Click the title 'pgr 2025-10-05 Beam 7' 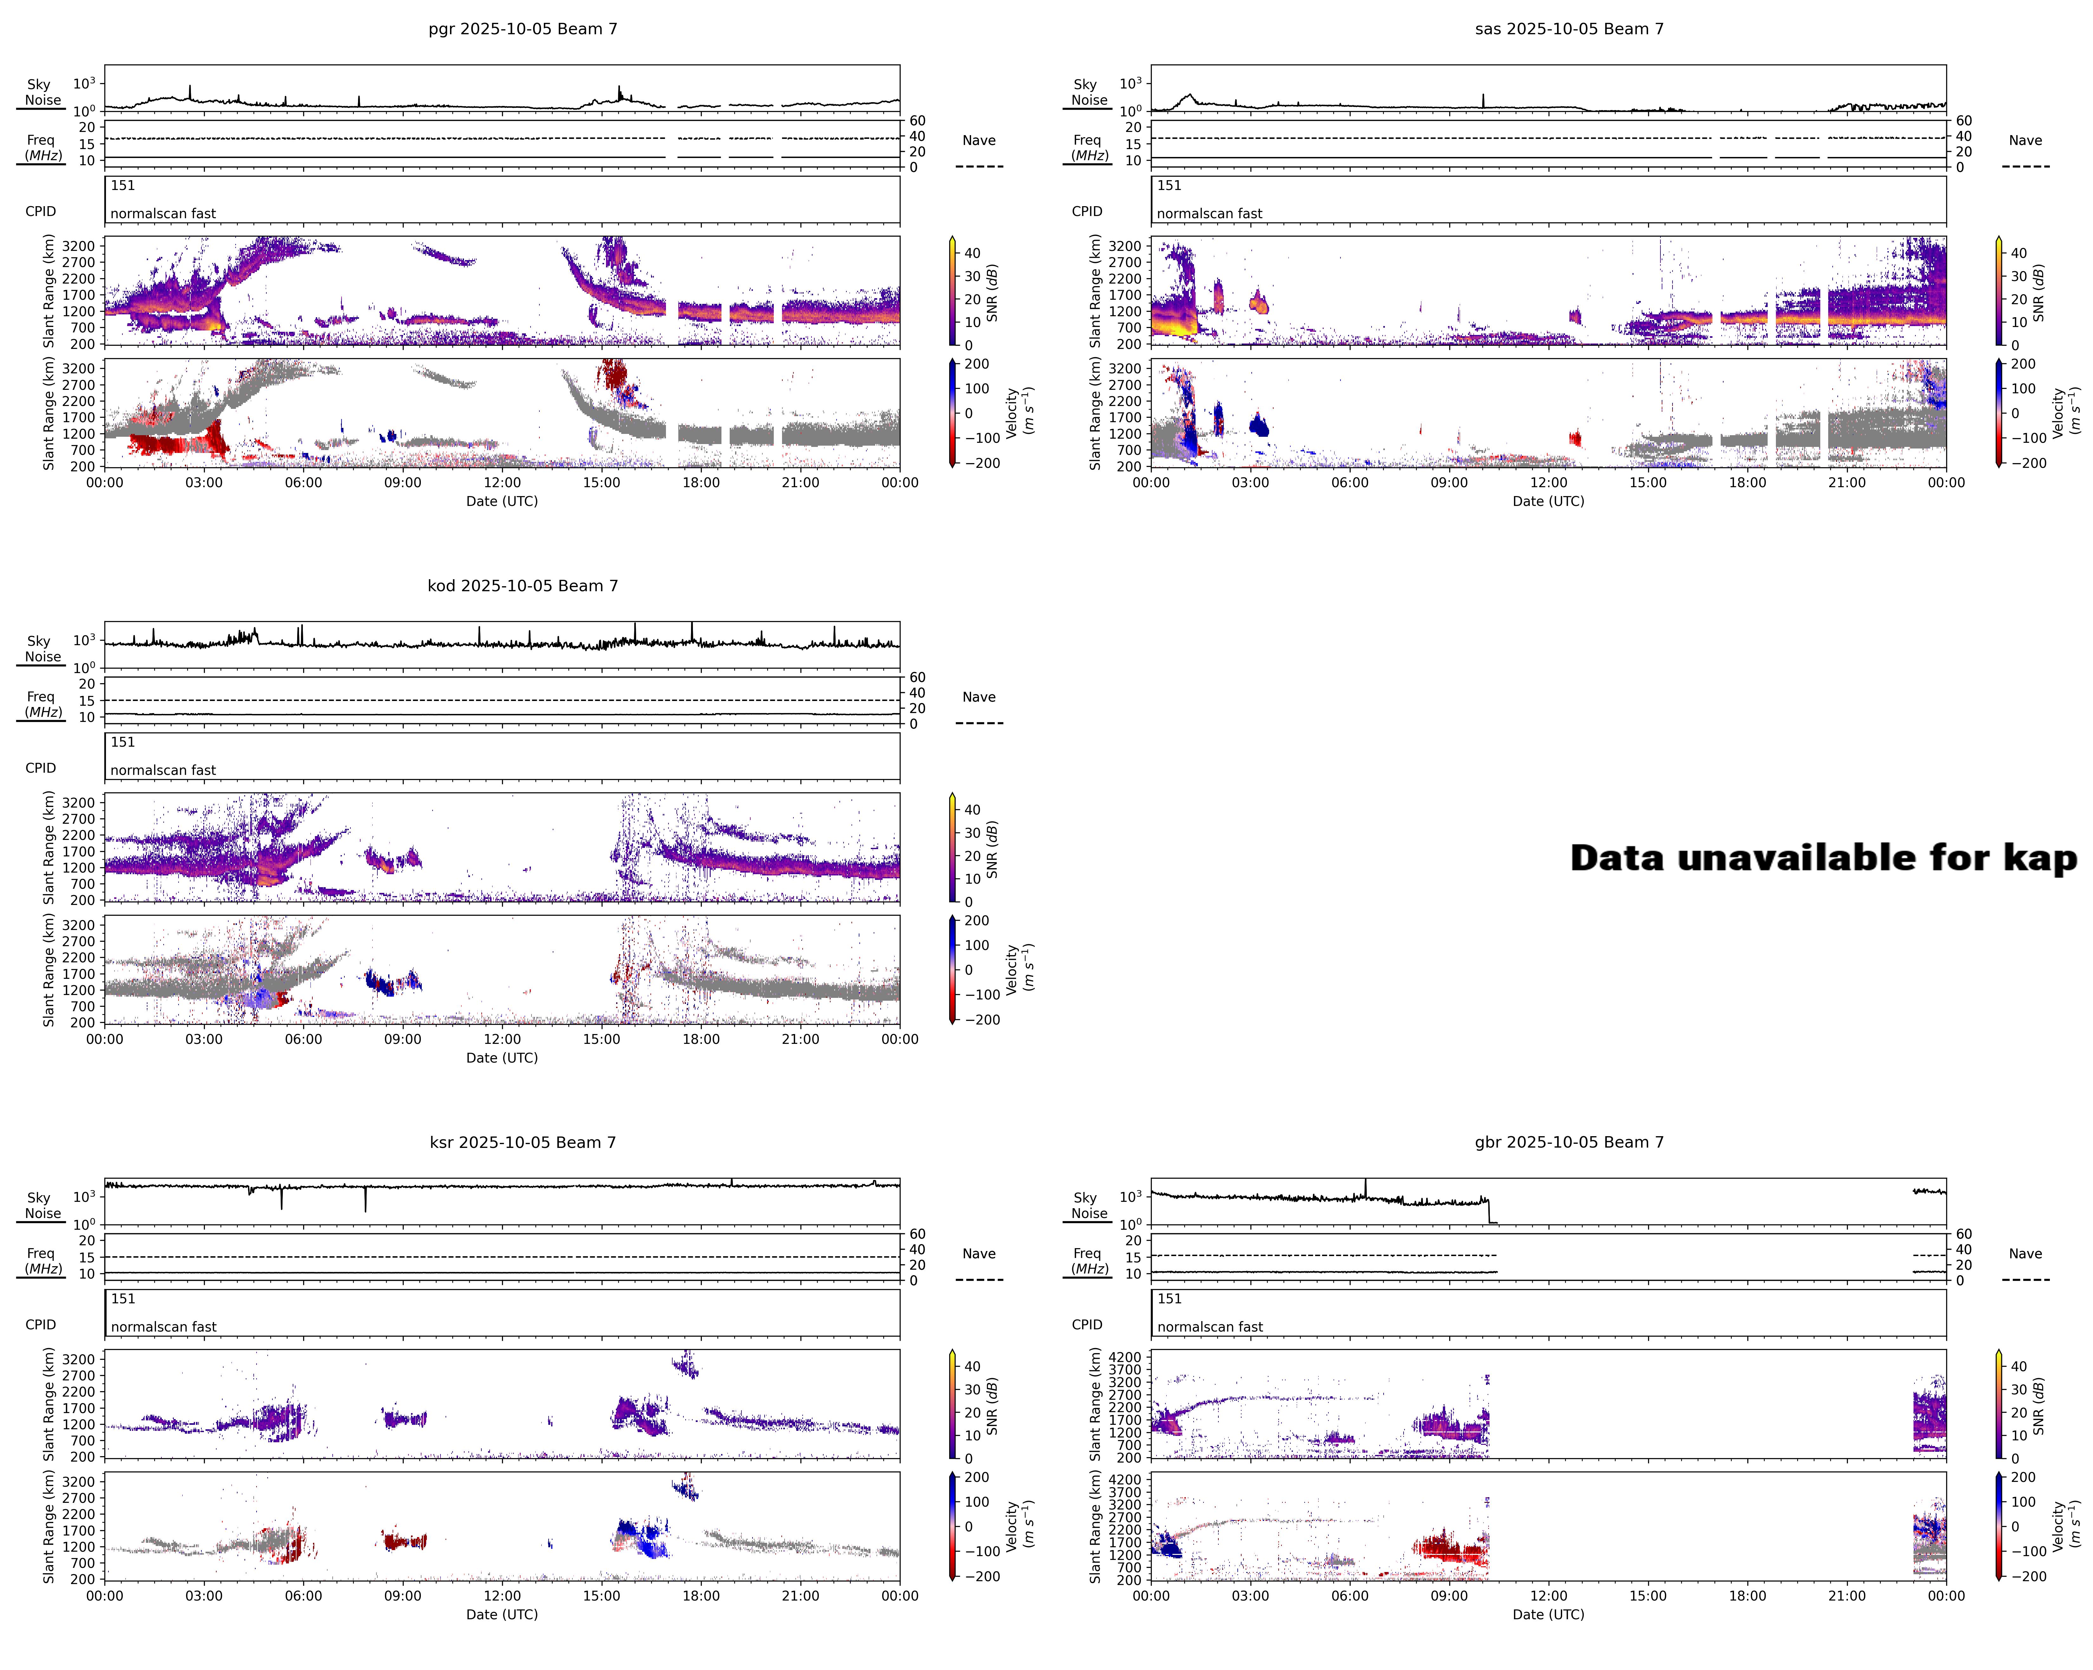pos(522,29)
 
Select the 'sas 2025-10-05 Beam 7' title pos(1569,29)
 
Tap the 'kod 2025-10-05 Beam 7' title pos(522,586)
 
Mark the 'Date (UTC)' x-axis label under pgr pos(502,501)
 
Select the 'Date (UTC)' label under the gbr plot pos(1549,1615)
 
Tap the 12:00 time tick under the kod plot pos(502,1039)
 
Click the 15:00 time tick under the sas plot pos(1647,482)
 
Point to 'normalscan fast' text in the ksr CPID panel pos(163,1327)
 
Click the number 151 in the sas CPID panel pos(1169,186)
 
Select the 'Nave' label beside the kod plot pos(979,697)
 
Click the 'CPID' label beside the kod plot pos(41,768)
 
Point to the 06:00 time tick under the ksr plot pos(303,1595)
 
